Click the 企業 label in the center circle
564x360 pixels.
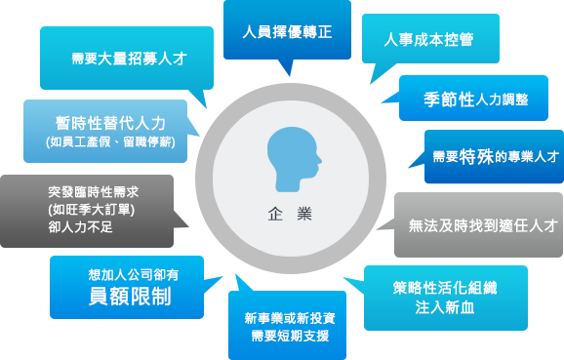pyautogui.click(x=288, y=214)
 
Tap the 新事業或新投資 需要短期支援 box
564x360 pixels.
pyautogui.click(x=290, y=326)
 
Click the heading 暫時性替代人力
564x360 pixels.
pyautogui.click(x=110, y=123)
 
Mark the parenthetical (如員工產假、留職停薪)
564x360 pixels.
pyautogui.click(x=110, y=142)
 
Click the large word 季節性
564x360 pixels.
pyautogui.click(x=449, y=100)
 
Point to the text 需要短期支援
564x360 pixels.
pyautogui.click(x=290, y=336)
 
